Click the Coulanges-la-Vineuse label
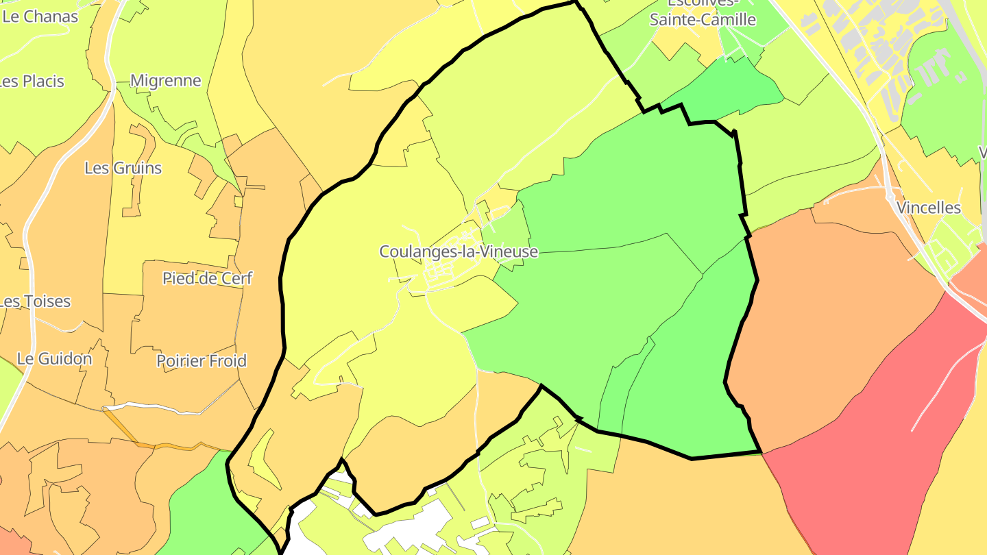pos(459,251)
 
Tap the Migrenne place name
pos(166,81)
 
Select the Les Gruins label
pos(123,168)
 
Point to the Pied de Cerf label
pos(208,278)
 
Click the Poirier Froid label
pos(202,360)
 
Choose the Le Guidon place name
pos(55,358)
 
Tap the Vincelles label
pos(929,208)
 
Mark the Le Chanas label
pos(40,16)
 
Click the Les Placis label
pos(32,81)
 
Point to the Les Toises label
pos(35,301)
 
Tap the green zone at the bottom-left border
pos(199,507)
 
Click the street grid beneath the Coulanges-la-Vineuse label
pos(446,274)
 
